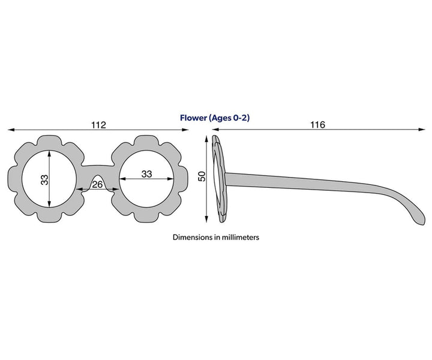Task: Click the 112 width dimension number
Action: point(98,125)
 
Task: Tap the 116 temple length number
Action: point(317,125)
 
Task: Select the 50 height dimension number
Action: point(202,176)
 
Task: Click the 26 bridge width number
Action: point(97,184)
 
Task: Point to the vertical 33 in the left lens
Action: point(44,180)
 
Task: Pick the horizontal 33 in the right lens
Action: point(146,174)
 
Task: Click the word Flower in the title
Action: point(193,118)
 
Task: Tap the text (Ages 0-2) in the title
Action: point(229,118)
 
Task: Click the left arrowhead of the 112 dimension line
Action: point(11,130)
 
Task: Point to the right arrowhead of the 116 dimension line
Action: point(422,129)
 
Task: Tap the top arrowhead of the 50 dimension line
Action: point(206,139)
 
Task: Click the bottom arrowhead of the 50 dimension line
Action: point(206,218)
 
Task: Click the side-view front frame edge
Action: point(220,179)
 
